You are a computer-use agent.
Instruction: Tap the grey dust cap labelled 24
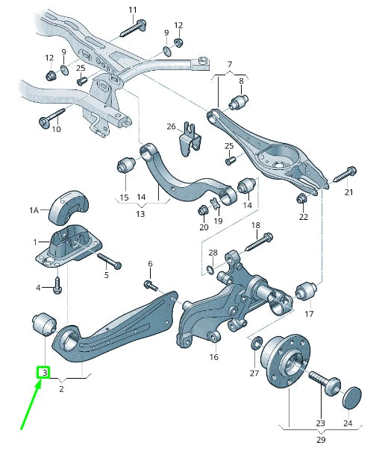tap(352, 397)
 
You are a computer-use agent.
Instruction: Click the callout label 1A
tap(34, 211)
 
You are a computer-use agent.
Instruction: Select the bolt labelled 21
tap(342, 176)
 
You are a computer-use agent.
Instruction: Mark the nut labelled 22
tap(303, 198)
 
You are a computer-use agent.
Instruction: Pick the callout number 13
tap(140, 214)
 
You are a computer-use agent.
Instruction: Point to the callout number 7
tap(229, 64)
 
